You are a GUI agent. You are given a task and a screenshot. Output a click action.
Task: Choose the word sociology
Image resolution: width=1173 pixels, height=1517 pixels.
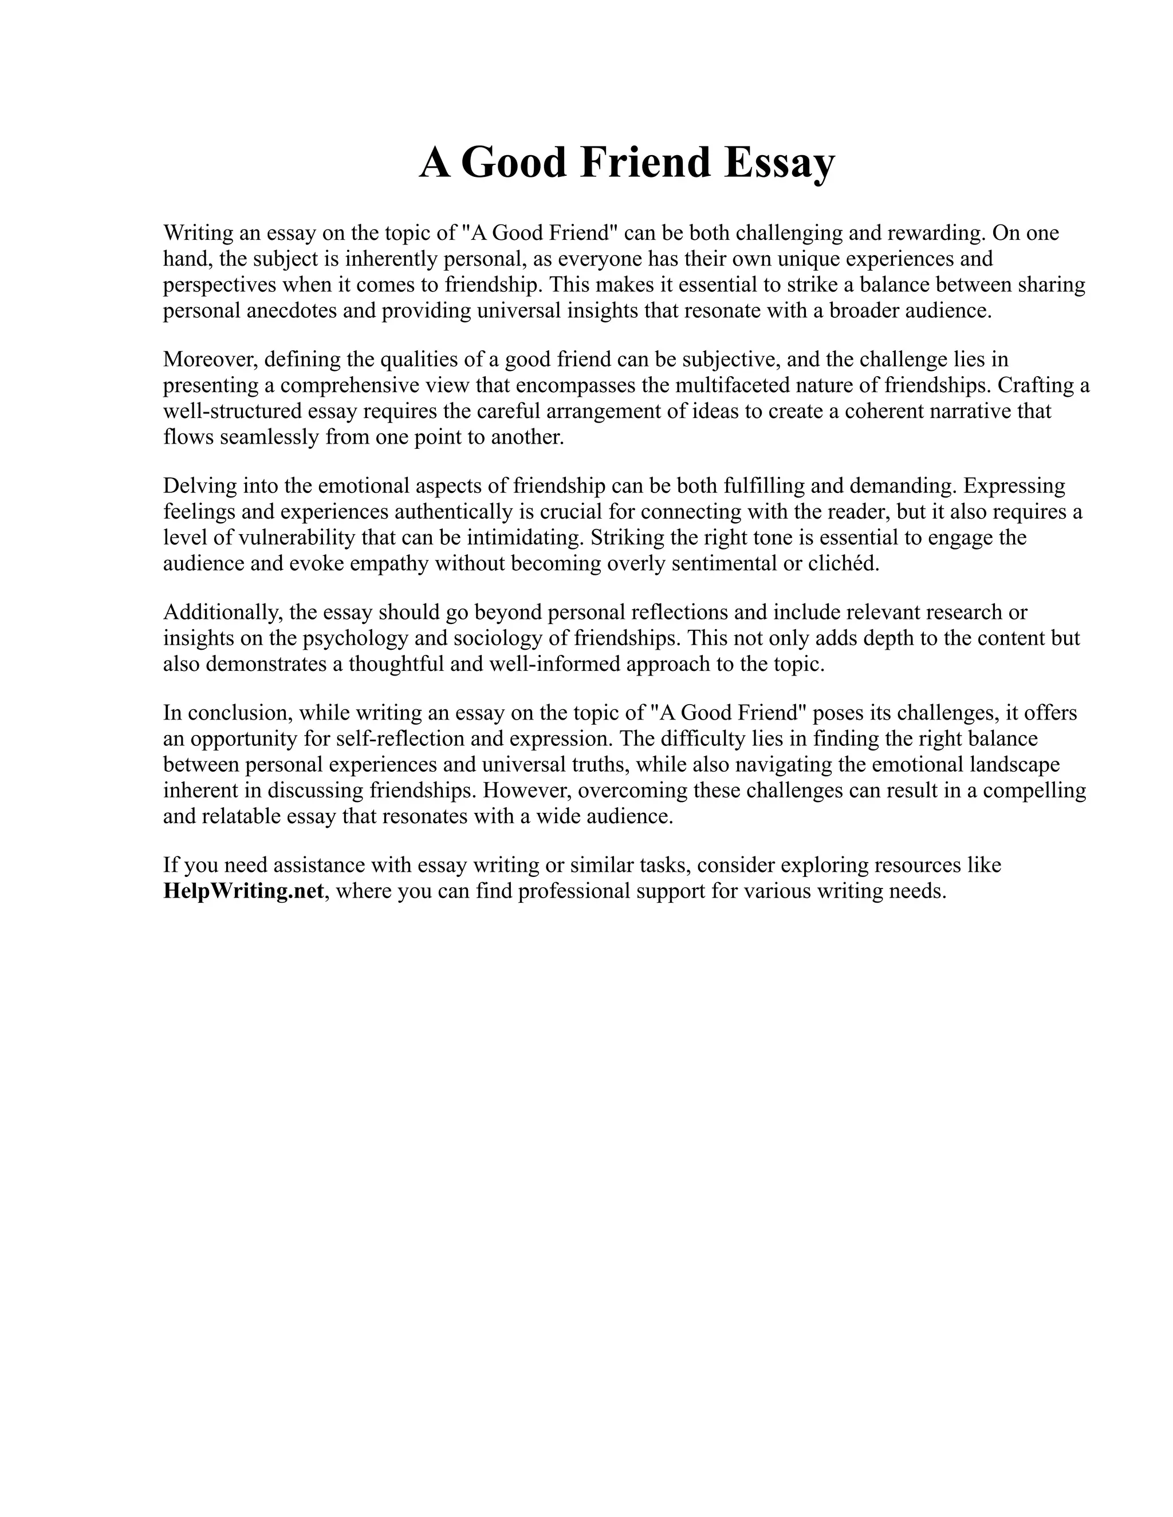[502, 638]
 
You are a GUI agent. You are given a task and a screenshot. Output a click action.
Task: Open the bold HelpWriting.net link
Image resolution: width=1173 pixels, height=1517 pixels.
[243, 891]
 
